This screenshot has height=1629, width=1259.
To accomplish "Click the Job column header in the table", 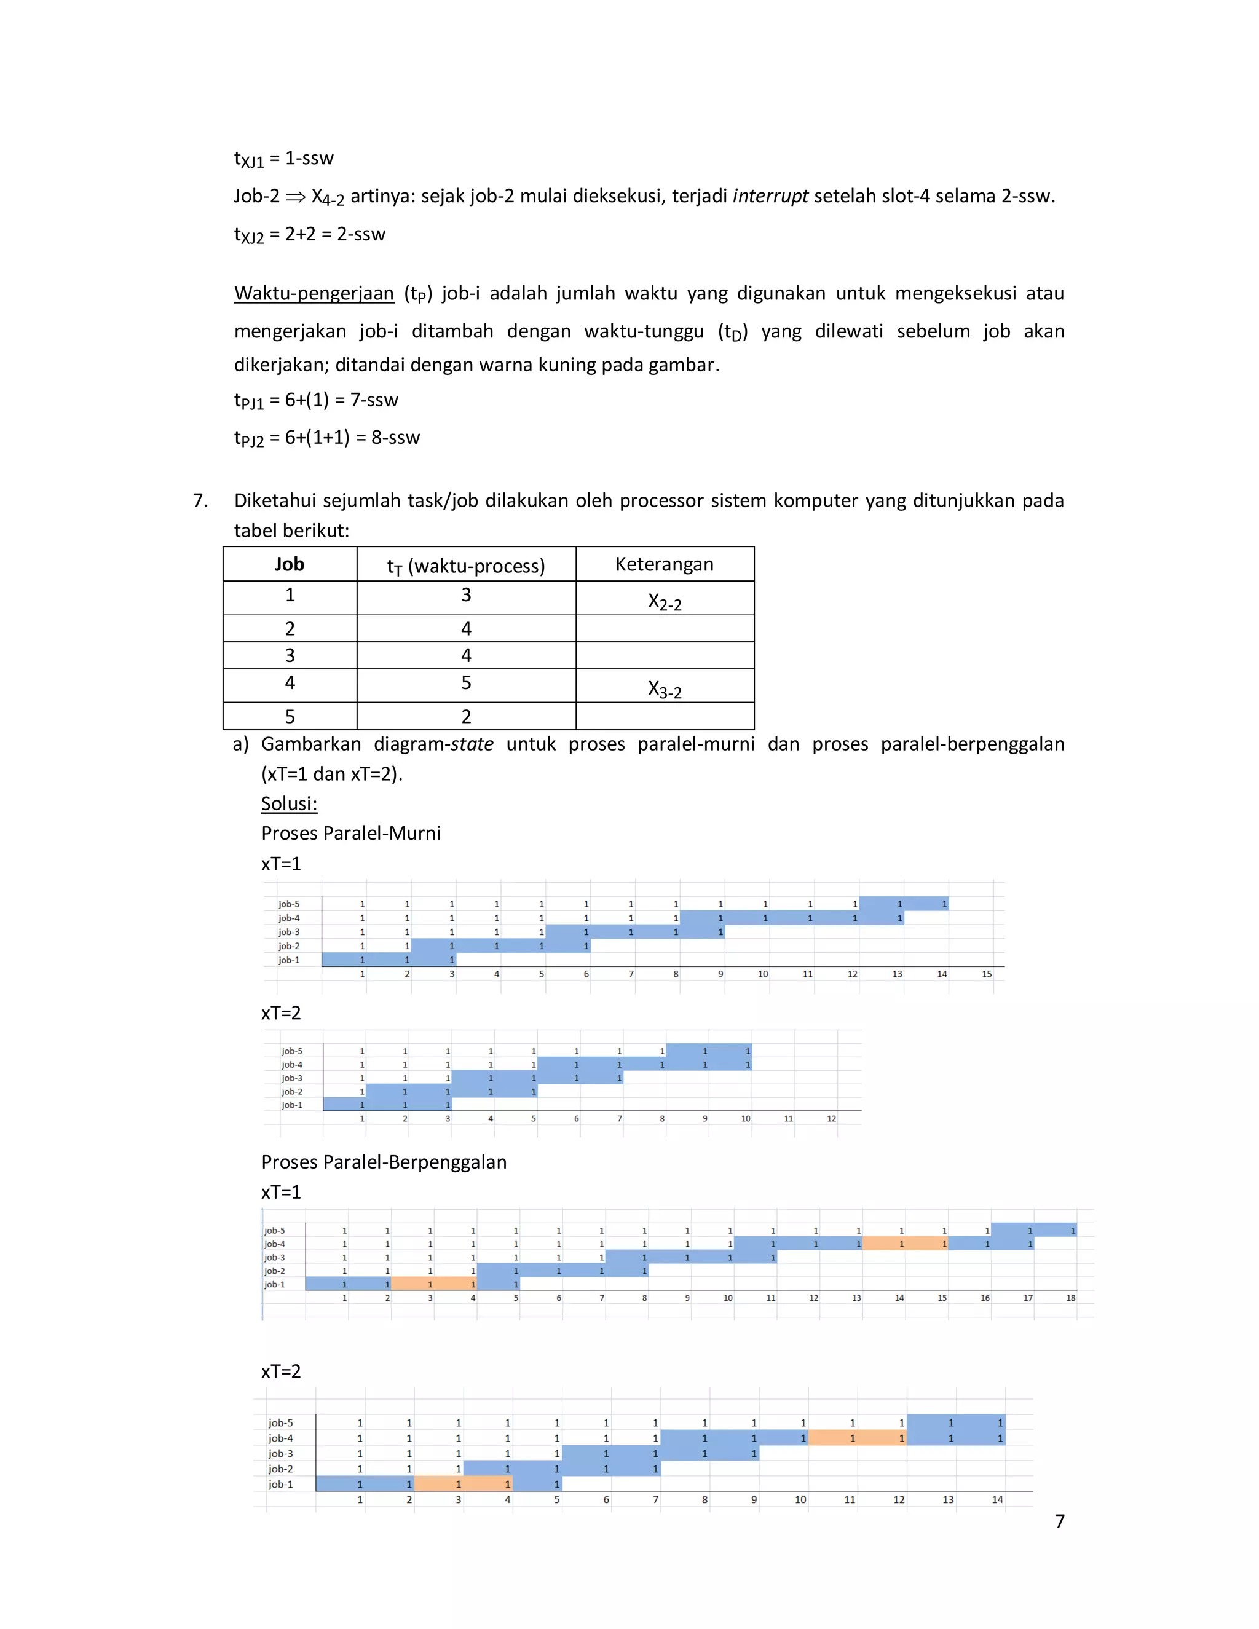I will (x=290, y=565).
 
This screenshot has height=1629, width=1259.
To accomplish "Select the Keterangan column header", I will (x=664, y=565).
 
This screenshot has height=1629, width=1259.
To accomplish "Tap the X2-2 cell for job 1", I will (x=664, y=601).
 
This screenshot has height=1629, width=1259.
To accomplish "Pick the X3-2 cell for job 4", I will (x=664, y=688).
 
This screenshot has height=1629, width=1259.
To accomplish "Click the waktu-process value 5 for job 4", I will (x=466, y=683).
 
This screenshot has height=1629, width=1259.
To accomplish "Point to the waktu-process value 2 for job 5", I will (x=466, y=717).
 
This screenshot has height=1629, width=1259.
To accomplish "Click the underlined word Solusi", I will (x=289, y=803).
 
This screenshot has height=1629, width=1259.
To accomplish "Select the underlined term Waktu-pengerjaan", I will (x=314, y=293).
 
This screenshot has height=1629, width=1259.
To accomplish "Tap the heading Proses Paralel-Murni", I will (x=350, y=833).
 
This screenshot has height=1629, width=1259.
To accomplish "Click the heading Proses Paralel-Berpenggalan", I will (x=384, y=1162).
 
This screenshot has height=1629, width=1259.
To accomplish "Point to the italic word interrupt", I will (x=770, y=196).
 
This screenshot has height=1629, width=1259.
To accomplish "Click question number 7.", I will (x=200, y=500).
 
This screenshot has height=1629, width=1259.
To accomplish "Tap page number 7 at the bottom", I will (x=1059, y=1521).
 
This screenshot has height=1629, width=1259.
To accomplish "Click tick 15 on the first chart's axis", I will (x=986, y=974).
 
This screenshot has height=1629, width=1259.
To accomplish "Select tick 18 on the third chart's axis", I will (x=1070, y=1298).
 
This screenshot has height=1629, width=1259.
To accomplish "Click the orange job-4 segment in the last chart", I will (x=857, y=1438).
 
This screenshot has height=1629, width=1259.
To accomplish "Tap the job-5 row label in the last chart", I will (x=281, y=1423).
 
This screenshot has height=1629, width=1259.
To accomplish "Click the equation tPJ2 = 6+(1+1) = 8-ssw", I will (x=326, y=438).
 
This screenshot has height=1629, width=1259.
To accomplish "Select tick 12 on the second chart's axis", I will (x=831, y=1119).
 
